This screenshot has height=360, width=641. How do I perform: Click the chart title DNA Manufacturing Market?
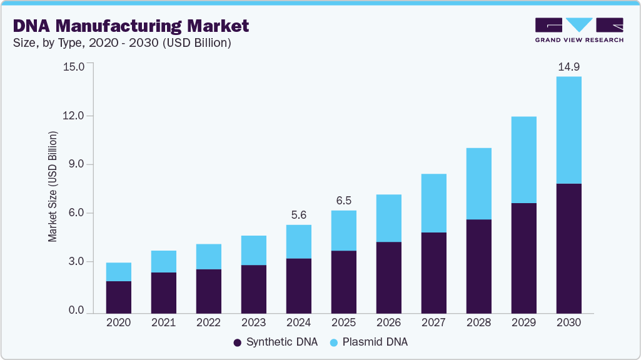click(131, 26)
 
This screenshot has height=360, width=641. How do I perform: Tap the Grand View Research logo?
click(579, 29)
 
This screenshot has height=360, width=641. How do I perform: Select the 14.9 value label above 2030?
click(568, 66)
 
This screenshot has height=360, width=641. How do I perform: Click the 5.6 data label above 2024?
click(298, 214)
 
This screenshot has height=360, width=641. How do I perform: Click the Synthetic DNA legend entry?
click(275, 342)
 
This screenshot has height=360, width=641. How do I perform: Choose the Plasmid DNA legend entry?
click(370, 342)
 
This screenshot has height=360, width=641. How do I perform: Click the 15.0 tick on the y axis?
click(73, 66)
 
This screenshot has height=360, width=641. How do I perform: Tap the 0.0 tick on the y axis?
click(76, 311)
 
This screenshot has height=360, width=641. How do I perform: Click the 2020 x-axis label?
click(118, 322)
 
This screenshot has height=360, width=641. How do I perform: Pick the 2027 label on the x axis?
click(433, 322)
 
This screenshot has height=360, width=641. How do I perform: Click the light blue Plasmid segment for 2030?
click(568, 130)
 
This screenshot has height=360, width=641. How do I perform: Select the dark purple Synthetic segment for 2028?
click(478, 266)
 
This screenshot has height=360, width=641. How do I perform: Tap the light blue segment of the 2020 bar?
click(118, 272)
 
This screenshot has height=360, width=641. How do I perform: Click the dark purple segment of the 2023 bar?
click(253, 289)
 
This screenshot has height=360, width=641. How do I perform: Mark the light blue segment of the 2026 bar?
click(388, 218)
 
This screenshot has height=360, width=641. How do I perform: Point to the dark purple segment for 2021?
click(163, 292)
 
